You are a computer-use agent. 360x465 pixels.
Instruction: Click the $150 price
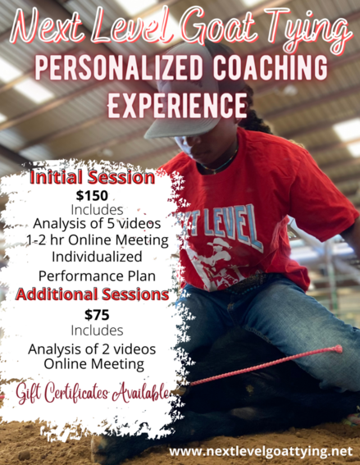pos(92,196)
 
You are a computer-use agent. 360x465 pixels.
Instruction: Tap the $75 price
pos(97,315)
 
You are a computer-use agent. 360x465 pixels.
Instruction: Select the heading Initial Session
pos(93,177)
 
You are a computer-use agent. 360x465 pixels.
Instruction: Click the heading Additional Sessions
pos(93,294)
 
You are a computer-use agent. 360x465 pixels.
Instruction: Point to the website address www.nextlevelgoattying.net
pos(261,451)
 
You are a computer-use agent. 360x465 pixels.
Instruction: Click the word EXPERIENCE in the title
pos(177,105)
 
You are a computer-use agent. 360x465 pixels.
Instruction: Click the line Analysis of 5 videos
pos(97,223)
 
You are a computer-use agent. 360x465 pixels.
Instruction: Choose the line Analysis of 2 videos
pos(92,349)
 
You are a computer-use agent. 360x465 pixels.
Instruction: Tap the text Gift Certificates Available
pos(93,393)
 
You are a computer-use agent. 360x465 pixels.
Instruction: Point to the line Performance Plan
pos(97,276)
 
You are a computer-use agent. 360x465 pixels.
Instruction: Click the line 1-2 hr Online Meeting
pos(97,240)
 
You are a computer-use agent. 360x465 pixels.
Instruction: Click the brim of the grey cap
pos(178,128)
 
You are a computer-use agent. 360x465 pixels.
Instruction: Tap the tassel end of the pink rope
pos(338,349)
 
